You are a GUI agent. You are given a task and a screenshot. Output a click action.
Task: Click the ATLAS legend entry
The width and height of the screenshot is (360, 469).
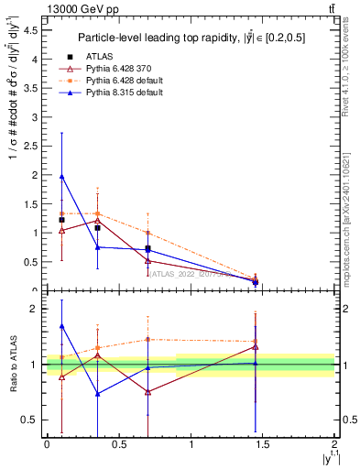(x=100, y=58)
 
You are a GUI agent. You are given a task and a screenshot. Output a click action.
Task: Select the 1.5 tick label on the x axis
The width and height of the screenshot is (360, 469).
(x=263, y=444)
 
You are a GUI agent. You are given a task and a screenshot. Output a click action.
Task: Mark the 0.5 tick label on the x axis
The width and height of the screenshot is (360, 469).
(x=118, y=444)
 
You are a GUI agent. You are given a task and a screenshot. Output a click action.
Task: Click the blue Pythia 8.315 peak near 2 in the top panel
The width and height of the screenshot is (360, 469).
(x=61, y=176)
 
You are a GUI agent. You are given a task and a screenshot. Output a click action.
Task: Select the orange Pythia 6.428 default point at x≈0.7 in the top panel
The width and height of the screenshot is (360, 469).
(x=147, y=233)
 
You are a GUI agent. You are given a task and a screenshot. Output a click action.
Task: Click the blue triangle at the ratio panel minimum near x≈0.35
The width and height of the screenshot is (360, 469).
(x=97, y=394)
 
